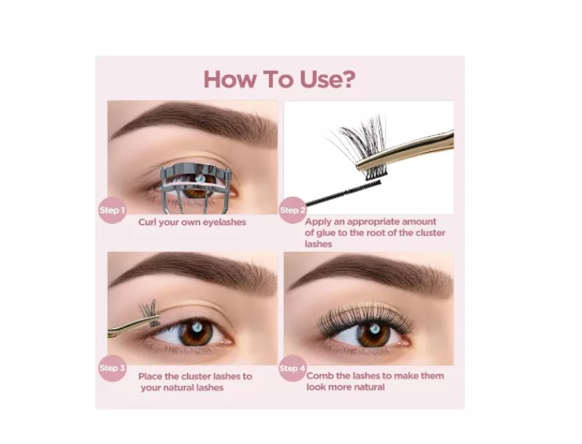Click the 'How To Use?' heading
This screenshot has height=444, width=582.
[279, 79]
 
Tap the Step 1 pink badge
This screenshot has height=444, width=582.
[112, 210]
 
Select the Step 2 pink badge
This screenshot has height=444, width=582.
[293, 210]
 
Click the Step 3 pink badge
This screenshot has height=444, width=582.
[112, 368]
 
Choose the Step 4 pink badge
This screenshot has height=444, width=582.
[293, 368]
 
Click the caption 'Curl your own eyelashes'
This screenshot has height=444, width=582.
[192, 222]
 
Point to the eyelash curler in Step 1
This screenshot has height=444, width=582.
[195, 188]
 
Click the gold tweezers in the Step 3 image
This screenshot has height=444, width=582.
[134, 326]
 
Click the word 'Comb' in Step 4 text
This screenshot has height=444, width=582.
[319, 376]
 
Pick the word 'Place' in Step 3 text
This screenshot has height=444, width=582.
[150, 377]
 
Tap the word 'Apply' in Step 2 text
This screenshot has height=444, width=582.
[317, 222]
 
